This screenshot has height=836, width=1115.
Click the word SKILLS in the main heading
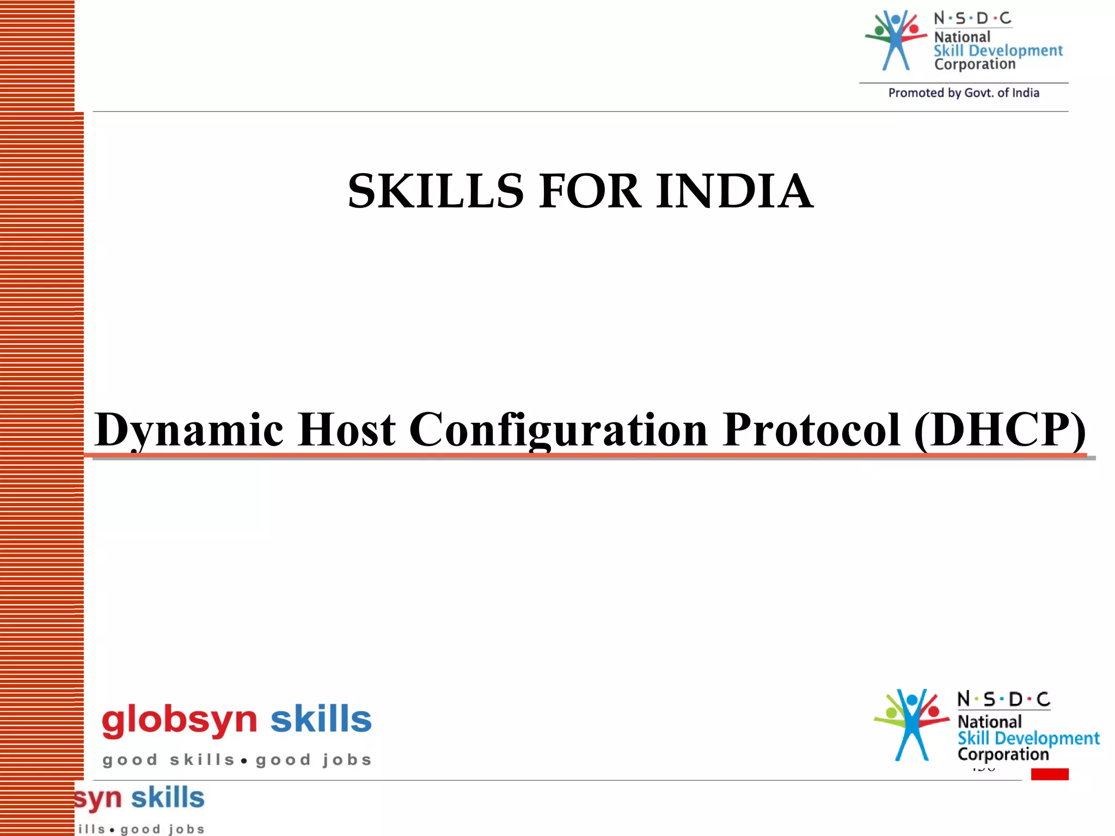436,191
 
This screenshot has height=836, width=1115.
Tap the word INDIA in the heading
734,191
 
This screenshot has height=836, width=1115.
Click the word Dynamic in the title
189,430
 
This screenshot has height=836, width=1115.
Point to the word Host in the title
347,430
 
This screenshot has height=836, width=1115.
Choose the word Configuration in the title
558,430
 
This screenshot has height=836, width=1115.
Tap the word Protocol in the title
811,430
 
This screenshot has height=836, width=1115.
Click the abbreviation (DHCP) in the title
1000,430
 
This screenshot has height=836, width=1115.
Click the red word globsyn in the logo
179,720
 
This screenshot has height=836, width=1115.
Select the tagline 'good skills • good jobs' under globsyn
237,760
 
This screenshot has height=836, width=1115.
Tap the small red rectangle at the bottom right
1049,774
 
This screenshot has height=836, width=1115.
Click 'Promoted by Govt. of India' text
964,93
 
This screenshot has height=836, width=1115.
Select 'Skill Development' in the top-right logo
998,51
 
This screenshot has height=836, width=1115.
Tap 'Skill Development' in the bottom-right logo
1028,738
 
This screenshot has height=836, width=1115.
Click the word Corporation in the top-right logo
975,64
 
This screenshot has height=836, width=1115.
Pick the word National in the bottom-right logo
989,722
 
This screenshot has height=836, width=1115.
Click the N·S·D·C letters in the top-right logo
972,19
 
